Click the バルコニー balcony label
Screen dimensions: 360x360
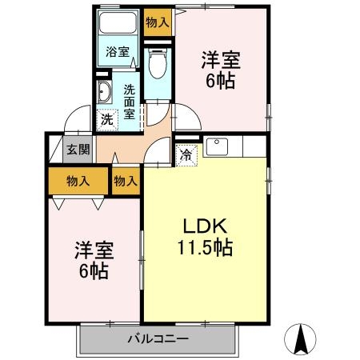(158, 338)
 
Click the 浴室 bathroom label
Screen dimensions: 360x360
(118, 53)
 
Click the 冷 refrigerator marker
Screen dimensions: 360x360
(186, 155)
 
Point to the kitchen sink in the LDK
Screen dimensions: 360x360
(218, 147)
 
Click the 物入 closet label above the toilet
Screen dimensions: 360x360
(158, 23)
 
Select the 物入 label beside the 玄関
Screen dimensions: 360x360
(78, 182)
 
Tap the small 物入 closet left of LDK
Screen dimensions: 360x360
(126, 182)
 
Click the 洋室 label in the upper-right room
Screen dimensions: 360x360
(220, 60)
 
